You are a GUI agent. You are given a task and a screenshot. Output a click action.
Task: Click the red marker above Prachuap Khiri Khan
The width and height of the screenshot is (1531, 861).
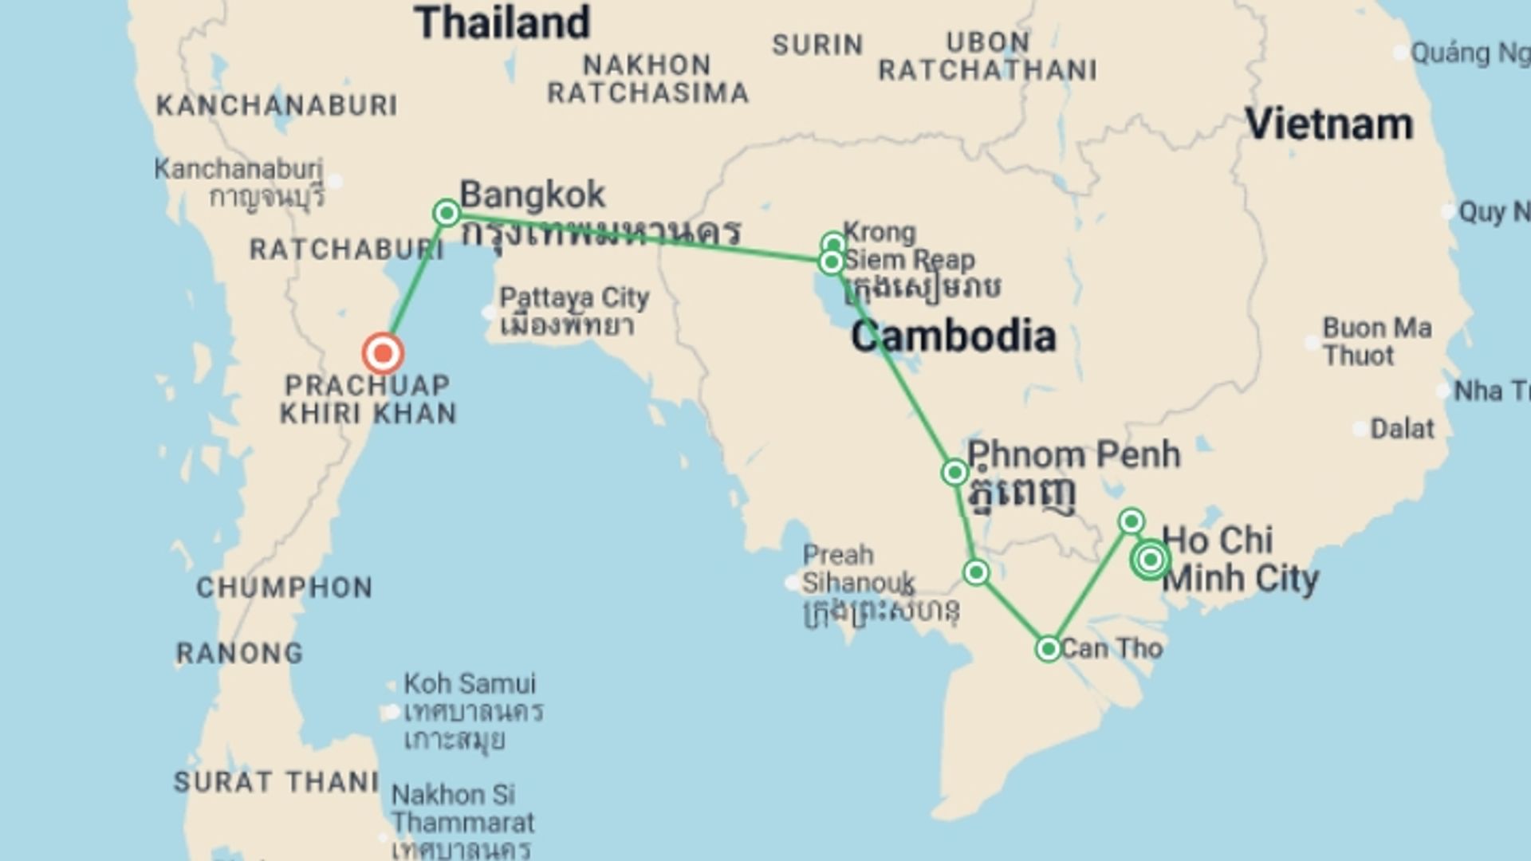click(383, 353)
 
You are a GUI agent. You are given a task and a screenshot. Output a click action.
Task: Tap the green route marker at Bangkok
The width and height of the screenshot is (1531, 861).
click(447, 213)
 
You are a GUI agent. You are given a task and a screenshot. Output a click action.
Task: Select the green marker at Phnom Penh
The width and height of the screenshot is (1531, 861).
click(954, 473)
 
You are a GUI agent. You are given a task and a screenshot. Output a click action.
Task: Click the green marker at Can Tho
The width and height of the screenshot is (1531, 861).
click(1048, 648)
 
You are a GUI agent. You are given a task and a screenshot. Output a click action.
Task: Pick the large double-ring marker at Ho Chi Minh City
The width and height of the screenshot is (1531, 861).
click(1150, 560)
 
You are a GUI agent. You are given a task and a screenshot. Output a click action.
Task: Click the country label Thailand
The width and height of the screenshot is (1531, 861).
click(502, 23)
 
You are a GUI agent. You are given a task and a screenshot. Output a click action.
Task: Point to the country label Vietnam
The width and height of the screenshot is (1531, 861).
click(1329, 124)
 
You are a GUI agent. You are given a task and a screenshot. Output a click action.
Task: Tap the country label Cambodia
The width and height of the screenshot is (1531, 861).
click(954, 336)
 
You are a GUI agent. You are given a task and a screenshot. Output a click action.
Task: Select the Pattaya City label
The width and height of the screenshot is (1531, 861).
click(574, 298)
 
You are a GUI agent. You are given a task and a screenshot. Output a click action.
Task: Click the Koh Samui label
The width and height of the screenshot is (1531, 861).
click(470, 684)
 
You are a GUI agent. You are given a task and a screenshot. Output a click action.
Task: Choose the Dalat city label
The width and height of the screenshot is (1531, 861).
click(1402, 429)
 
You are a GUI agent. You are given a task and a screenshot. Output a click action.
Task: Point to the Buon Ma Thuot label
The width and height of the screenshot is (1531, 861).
click(1376, 341)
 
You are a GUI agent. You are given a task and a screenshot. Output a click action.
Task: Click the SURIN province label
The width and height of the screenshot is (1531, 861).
click(817, 45)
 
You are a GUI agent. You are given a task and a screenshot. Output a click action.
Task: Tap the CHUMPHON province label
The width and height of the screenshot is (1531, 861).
click(285, 588)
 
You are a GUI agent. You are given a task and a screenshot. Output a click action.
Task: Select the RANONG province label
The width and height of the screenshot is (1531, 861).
click(239, 654)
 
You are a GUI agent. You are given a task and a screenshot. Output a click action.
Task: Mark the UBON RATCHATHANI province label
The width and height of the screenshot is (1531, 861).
click(987, 57)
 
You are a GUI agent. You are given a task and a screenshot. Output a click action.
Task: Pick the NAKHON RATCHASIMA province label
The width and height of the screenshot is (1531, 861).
click(647, 79)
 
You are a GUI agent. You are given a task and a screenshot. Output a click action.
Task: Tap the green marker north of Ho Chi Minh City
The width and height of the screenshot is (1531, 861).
click(1131, 521)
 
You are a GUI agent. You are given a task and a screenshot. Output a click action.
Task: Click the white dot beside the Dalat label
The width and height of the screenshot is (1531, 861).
click(1358, 430)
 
